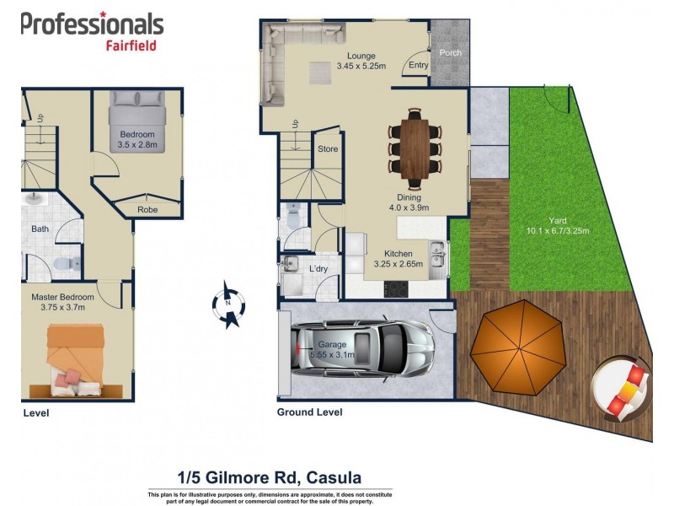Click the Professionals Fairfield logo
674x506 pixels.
point(92,31)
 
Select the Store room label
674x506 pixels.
point(328,149)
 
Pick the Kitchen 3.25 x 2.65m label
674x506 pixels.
point(398,259)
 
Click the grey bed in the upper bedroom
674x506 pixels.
point(136,124)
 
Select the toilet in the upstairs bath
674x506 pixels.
point(63,265)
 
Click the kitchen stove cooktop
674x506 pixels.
point(397,289)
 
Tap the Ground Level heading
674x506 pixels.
point(309,412)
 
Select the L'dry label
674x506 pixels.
point(318,269)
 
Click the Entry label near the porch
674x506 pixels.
point(418,65)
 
